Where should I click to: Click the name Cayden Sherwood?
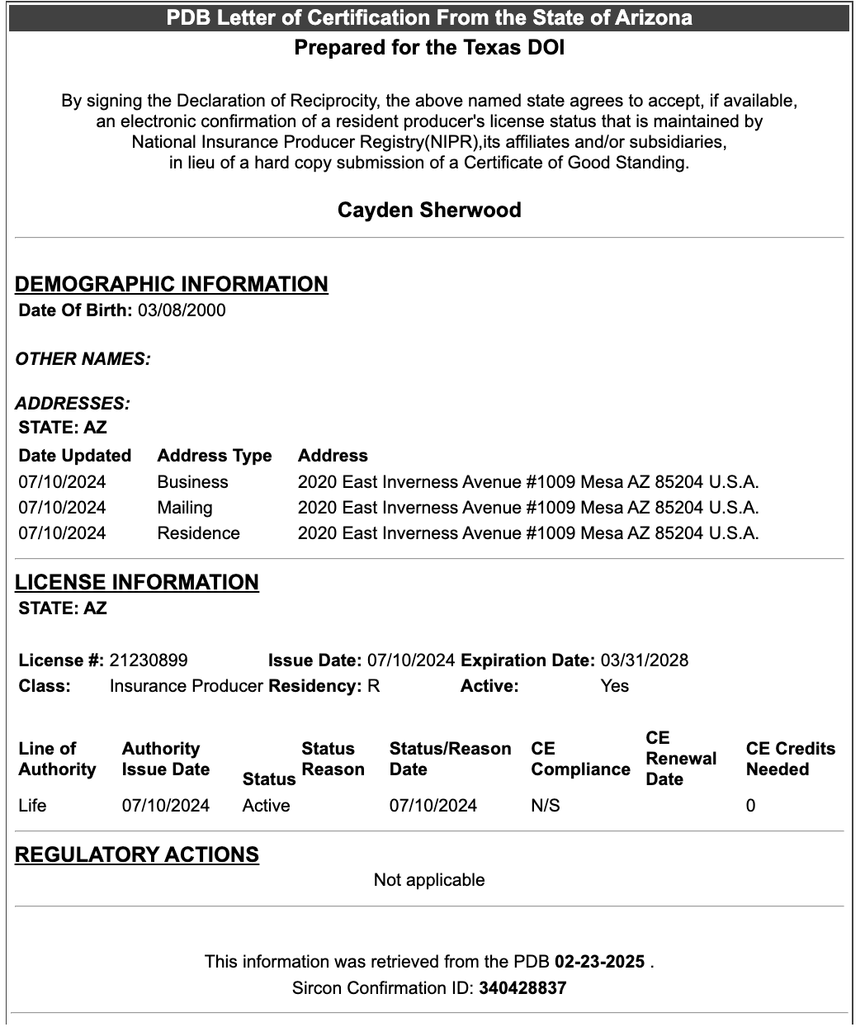tap(429, 210)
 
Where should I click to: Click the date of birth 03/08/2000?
tap(182, 310)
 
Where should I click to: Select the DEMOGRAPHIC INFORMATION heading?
tap(172, 284)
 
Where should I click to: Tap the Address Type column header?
tap(215, 456)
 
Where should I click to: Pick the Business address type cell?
tap(192, 482)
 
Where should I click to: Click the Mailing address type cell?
tap(185, 508)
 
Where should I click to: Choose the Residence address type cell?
tap(198, 533)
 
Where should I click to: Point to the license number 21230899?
tap(149, 660)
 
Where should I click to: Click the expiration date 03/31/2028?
tap(645, 660)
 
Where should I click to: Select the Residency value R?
tap(374, 686)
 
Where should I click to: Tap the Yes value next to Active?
tap(615, 686)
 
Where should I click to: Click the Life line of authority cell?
tap(32, 806)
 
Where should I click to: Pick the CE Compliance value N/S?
tap(546, 806)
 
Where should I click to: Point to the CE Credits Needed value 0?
tap(750, 806)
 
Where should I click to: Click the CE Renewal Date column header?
tap(681, 759)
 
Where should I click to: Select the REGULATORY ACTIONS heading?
tap(137, 854)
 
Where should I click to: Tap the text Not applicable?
tap(429, 880)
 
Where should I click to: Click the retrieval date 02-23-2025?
tap(599, 962)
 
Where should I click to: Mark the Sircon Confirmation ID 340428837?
tap(522, 988)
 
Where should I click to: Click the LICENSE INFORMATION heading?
tap(137, 582)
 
